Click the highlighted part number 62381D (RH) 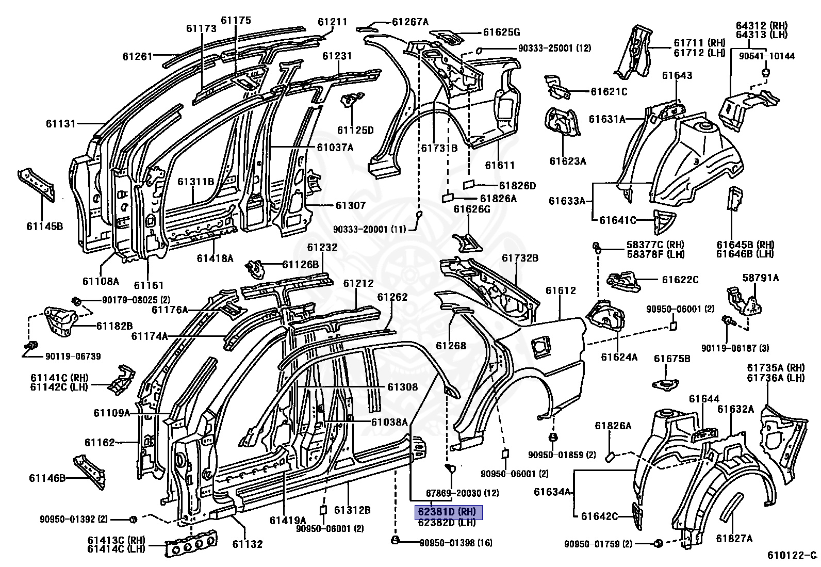point(448,512)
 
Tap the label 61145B point(45,226)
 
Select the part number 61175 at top point(236,20)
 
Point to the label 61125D point(355,130)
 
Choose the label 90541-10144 point(767,56)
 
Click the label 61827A point(734,539)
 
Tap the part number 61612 point(561,290)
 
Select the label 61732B point(520,258)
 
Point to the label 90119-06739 point(73,356)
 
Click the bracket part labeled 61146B point(89,472)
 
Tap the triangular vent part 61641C point(664,221)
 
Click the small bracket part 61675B point(665,384)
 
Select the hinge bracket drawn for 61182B point(60,321)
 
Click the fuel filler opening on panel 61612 point(539,346)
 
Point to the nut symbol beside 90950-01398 point(395,540)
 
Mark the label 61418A point(215,258)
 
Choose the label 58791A point(761,278)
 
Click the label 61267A point(410,22)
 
